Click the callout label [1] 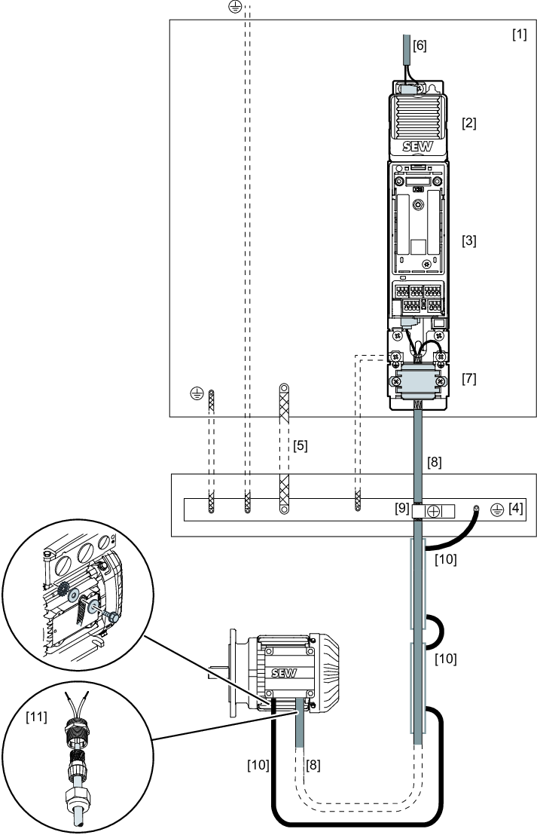pos(520,35)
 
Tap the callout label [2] pos(469,123)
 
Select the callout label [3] pos(469,240)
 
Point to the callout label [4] pos(516,508)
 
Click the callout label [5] pos(301,445)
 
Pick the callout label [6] pos(420,45)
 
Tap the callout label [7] pos(469,378)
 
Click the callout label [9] pos(402,509)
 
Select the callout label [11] pos(37,717)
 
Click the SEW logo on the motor pos(284,672)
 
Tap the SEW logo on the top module pos(418,146)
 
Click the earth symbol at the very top pos(235,7)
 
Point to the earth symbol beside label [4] pos(496,509)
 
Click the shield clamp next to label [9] pos(434,511)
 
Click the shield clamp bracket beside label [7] pos(418,382)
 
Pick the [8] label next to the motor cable pos(313,765)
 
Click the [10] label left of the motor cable pos(258,765)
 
